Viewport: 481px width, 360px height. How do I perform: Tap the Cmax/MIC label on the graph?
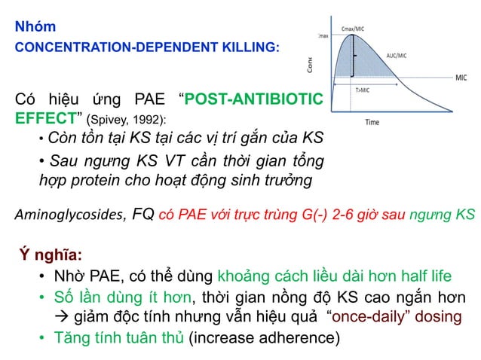click(x=354, y=29)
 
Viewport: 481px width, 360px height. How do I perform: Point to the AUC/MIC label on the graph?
click(x=397, y=56)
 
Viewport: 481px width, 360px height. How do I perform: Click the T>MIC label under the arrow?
click(x=362, y=90)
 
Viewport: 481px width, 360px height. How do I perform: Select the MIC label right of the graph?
click(x=461, y=77)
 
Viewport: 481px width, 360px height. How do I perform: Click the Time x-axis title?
click(x=372, y=122)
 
